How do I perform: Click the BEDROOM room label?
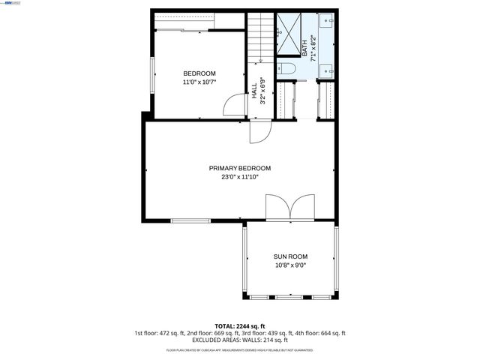199,73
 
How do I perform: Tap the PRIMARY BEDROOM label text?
240,168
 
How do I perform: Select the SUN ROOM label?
290,256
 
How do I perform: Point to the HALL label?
254,91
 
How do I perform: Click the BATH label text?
304,47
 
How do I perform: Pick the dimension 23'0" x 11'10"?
240,178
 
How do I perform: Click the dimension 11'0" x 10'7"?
199,82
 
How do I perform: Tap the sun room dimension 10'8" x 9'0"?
290,265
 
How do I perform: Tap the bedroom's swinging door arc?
236,106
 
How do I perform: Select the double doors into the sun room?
290,208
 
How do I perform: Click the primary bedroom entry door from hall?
259,132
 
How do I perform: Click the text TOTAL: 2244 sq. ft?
240,326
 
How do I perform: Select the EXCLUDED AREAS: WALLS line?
240,340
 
